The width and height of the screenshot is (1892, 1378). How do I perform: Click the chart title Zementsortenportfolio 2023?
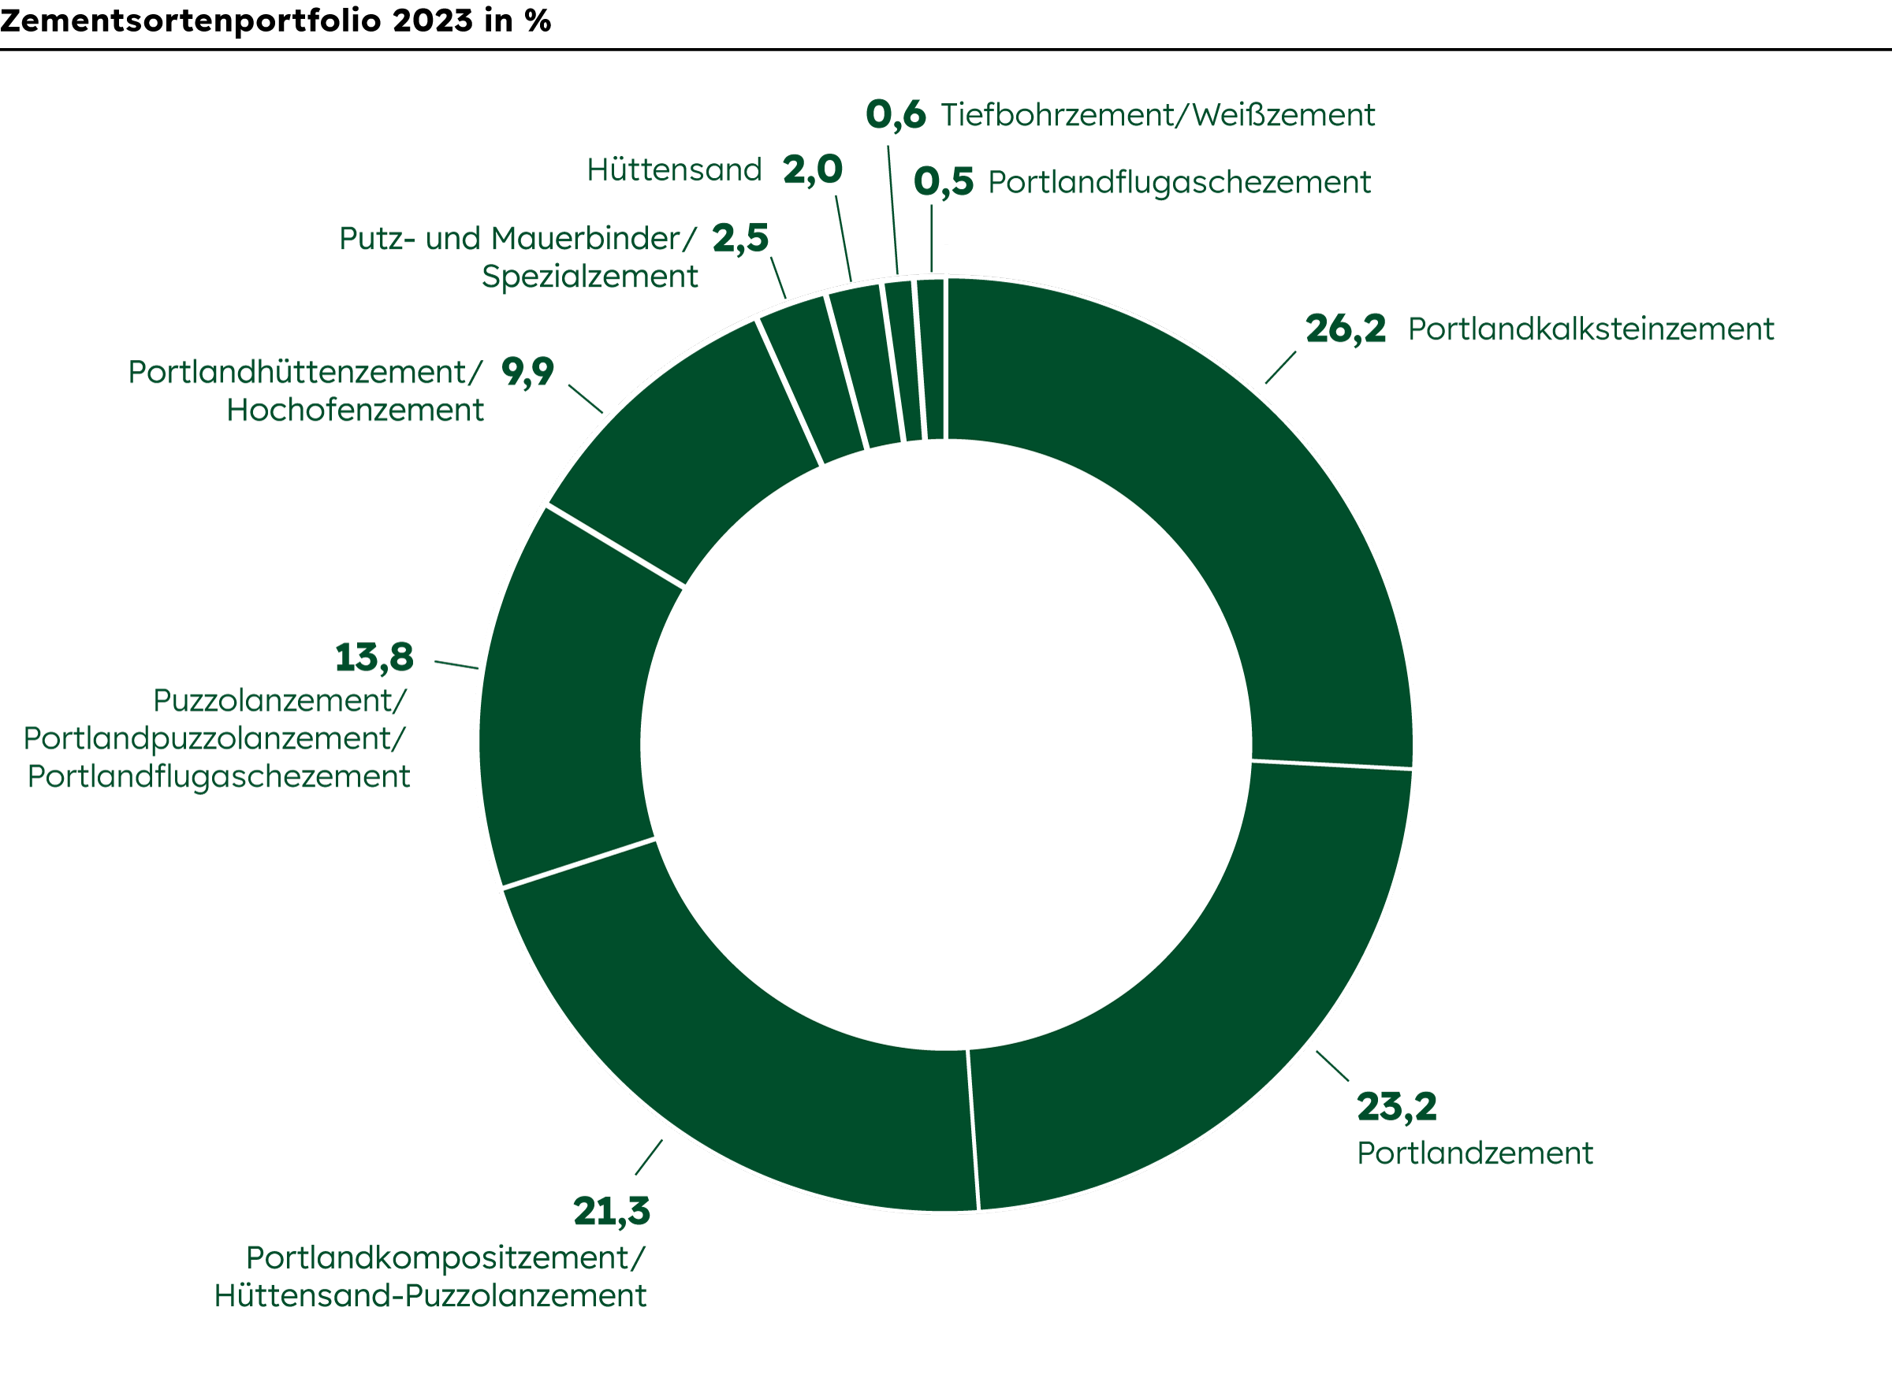pos(275,20)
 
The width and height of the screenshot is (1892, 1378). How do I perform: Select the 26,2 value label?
pos(1346,329)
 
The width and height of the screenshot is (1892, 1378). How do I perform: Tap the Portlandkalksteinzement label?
pos(1590,329)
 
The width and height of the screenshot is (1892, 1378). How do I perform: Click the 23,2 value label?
pos(1396,1107)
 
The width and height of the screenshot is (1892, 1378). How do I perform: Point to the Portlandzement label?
pos(1475,1153)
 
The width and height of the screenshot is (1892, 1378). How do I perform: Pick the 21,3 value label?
pos(611,1211)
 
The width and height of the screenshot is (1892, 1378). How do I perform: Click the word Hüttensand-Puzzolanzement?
pos(430,1295)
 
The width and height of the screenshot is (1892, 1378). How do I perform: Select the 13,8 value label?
pos(374,657)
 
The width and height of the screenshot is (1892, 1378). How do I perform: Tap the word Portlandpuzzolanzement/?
pos(214,738)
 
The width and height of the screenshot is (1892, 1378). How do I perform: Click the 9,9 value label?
pos(527,371)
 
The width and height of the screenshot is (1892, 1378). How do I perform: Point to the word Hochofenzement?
pos(355,410)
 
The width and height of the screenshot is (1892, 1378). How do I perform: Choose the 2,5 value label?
pos(740,239)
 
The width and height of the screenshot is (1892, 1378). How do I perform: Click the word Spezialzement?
pos(589,276)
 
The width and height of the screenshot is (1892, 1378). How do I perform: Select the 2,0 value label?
pos(813,170)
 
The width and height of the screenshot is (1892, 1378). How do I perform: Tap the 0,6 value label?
pos(896,115)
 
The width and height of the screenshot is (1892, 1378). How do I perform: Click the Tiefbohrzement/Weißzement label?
pos(1157,115)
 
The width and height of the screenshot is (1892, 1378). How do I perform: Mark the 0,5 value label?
pos(943,182)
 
